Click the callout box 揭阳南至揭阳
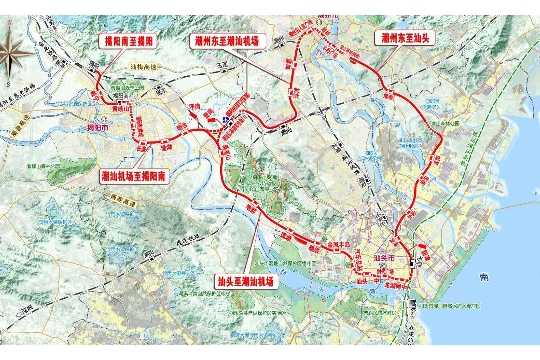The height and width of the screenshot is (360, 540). [128, 41]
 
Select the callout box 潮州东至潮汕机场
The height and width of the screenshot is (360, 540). [227, 41]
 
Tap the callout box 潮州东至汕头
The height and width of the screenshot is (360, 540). [405, 38]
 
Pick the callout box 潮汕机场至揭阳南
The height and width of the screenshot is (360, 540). [134, 176]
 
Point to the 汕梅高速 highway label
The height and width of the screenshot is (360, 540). [143, 67]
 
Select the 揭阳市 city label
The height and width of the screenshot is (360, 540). [98, 127]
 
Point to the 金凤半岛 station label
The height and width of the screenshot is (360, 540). [338, 245]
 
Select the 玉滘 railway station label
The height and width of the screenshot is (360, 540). [223, 65]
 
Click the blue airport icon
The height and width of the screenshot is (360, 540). [226, 120]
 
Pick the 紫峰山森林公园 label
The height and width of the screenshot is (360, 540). [43, 166]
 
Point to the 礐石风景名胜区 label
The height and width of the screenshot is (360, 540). [380, 313]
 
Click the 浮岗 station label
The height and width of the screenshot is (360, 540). [194, 106]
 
